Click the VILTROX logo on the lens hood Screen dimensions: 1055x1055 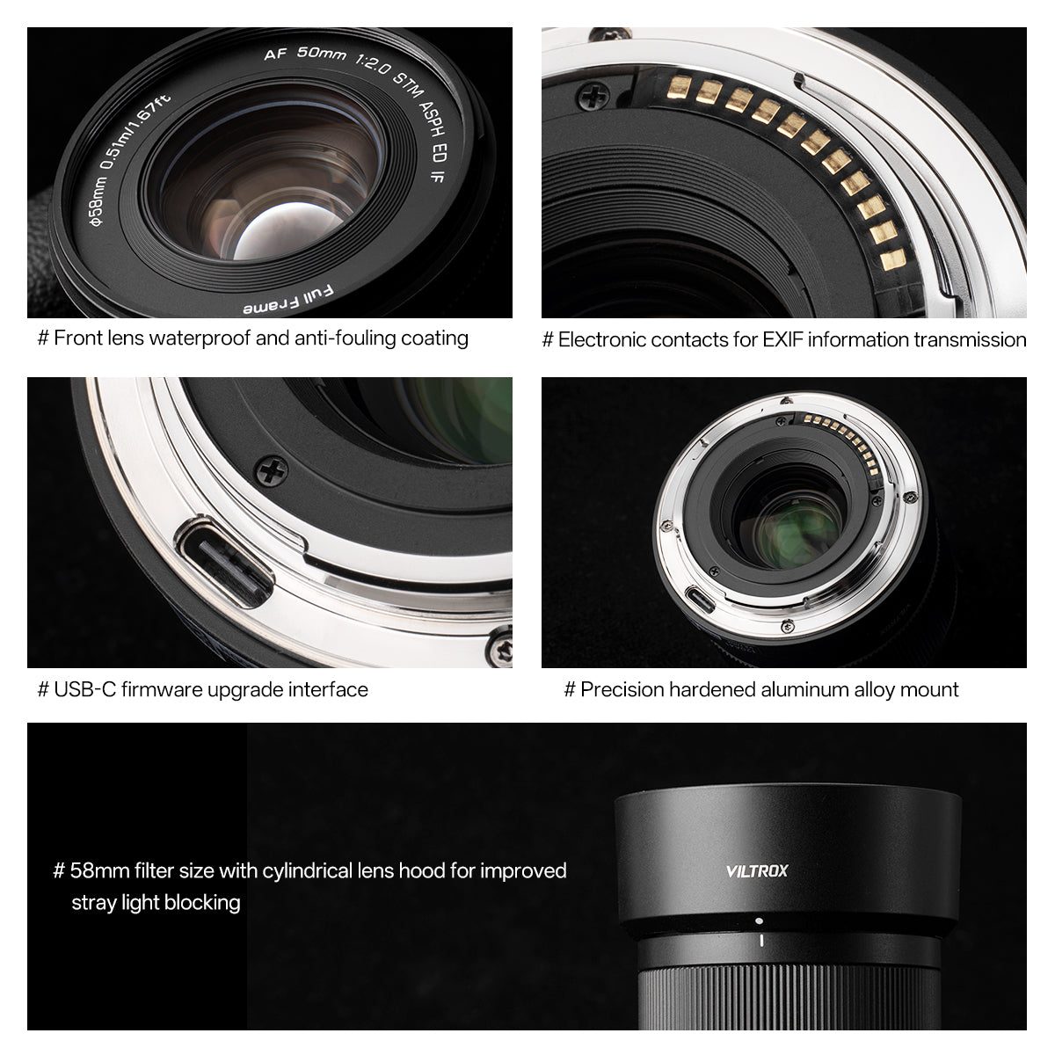[757, 871]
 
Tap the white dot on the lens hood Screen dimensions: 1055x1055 [760, 921]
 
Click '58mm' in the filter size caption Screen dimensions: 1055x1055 [99, 870]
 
